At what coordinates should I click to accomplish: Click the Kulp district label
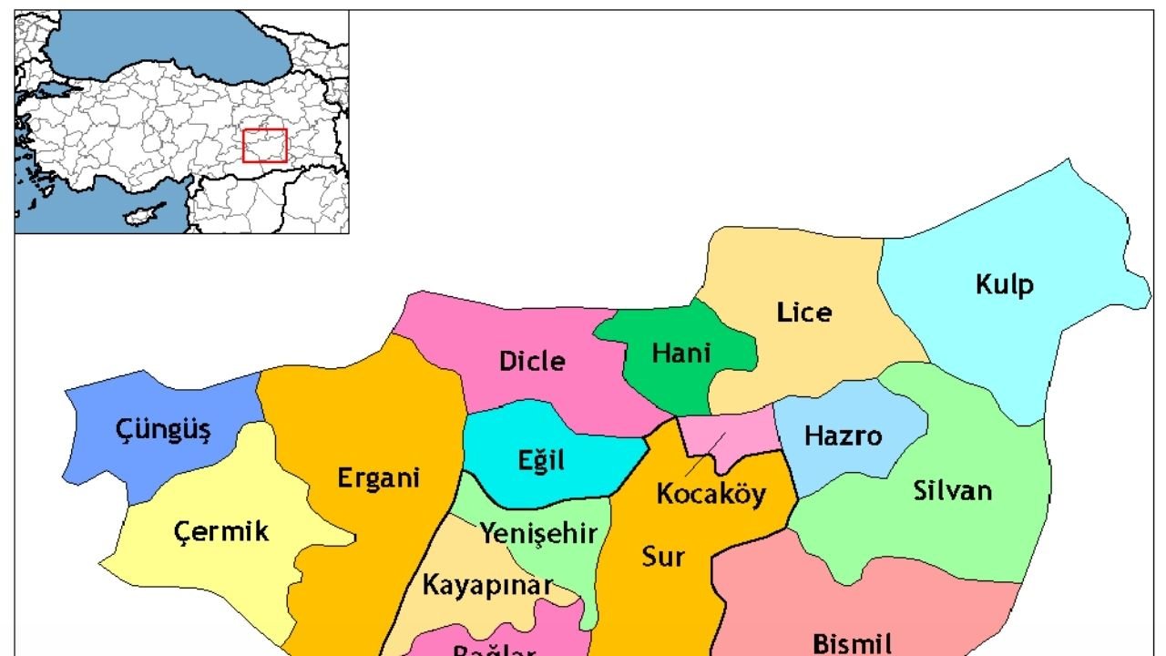[x=1005, y=285]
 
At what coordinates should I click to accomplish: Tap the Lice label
[x=803, y=313]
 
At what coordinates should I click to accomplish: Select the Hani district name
[x=681, y=353]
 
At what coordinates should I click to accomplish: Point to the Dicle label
[x=532, y=362]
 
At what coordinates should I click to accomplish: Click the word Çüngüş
[x=163, y=430]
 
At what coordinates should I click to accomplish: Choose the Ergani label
[x=378, y=477]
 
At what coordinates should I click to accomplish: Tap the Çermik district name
[x=220, y=531]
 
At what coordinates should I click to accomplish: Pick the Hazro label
[x=843, y=436]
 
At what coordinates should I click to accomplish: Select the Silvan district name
[x=952, y=491]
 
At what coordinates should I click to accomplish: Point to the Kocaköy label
[x=711, y=495]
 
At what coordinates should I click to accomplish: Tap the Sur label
[x=662, y=557]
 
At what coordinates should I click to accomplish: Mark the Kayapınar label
[x=487, y=585]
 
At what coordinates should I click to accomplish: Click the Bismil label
[x=852, y=644]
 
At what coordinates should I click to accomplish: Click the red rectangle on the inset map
[x=265, y=146]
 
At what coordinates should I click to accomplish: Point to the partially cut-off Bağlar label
[x=495, y=649]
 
